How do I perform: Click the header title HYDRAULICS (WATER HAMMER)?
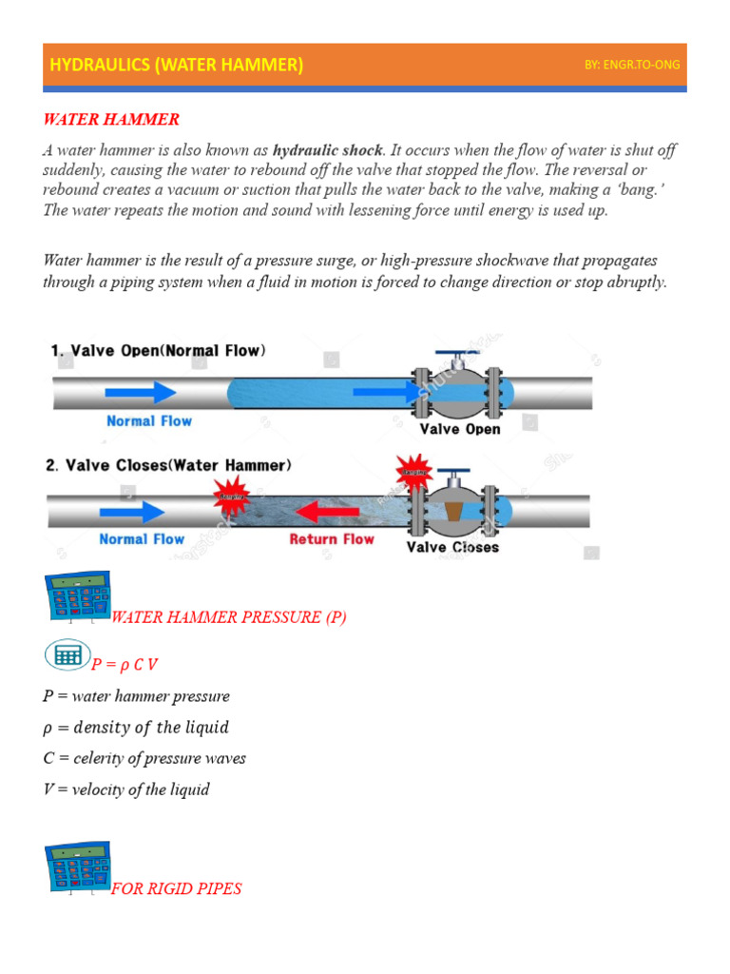click(176, 65)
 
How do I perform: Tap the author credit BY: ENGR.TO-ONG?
click(632, 65)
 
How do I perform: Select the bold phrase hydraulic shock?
click(328, 150)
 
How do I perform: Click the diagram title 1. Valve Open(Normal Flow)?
click(158, 351)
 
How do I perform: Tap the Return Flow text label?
click(332, 539)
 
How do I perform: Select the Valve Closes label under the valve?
click(452, 547)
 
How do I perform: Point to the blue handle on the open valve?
click(455, 355)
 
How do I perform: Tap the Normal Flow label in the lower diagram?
click(142, 539)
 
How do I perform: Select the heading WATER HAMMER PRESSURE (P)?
click(229, 617)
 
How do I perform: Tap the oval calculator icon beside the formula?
click(67, 655)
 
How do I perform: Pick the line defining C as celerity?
click(144, 758)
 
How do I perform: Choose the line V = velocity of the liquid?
click(126, 789)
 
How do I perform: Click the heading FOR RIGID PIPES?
click(177, 888)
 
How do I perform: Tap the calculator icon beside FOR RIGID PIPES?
click(77, 867)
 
